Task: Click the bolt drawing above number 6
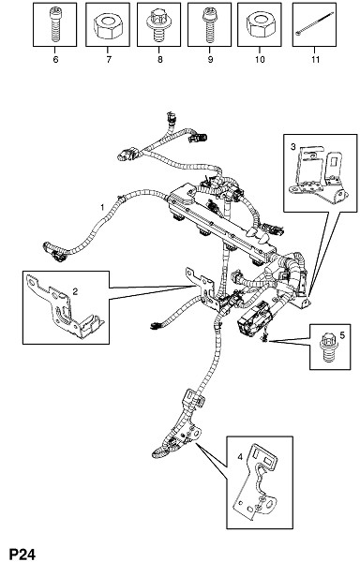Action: [54, 24]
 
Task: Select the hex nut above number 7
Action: [108, 26]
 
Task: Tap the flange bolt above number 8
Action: [158, 25]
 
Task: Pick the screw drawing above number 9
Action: [209, 25]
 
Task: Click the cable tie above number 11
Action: [314, 23]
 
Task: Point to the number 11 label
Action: [315, 60]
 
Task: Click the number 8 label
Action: [160, 60]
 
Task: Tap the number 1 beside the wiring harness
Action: [102, 207]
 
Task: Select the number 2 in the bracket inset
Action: [75, 291]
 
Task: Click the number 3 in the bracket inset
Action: [293, 146]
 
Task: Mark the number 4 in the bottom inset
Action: [240, 457]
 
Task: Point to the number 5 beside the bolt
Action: [342, 335]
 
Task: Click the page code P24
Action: [22, 555]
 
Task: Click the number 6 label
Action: [55, 60]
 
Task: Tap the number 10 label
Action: [260, 60]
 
